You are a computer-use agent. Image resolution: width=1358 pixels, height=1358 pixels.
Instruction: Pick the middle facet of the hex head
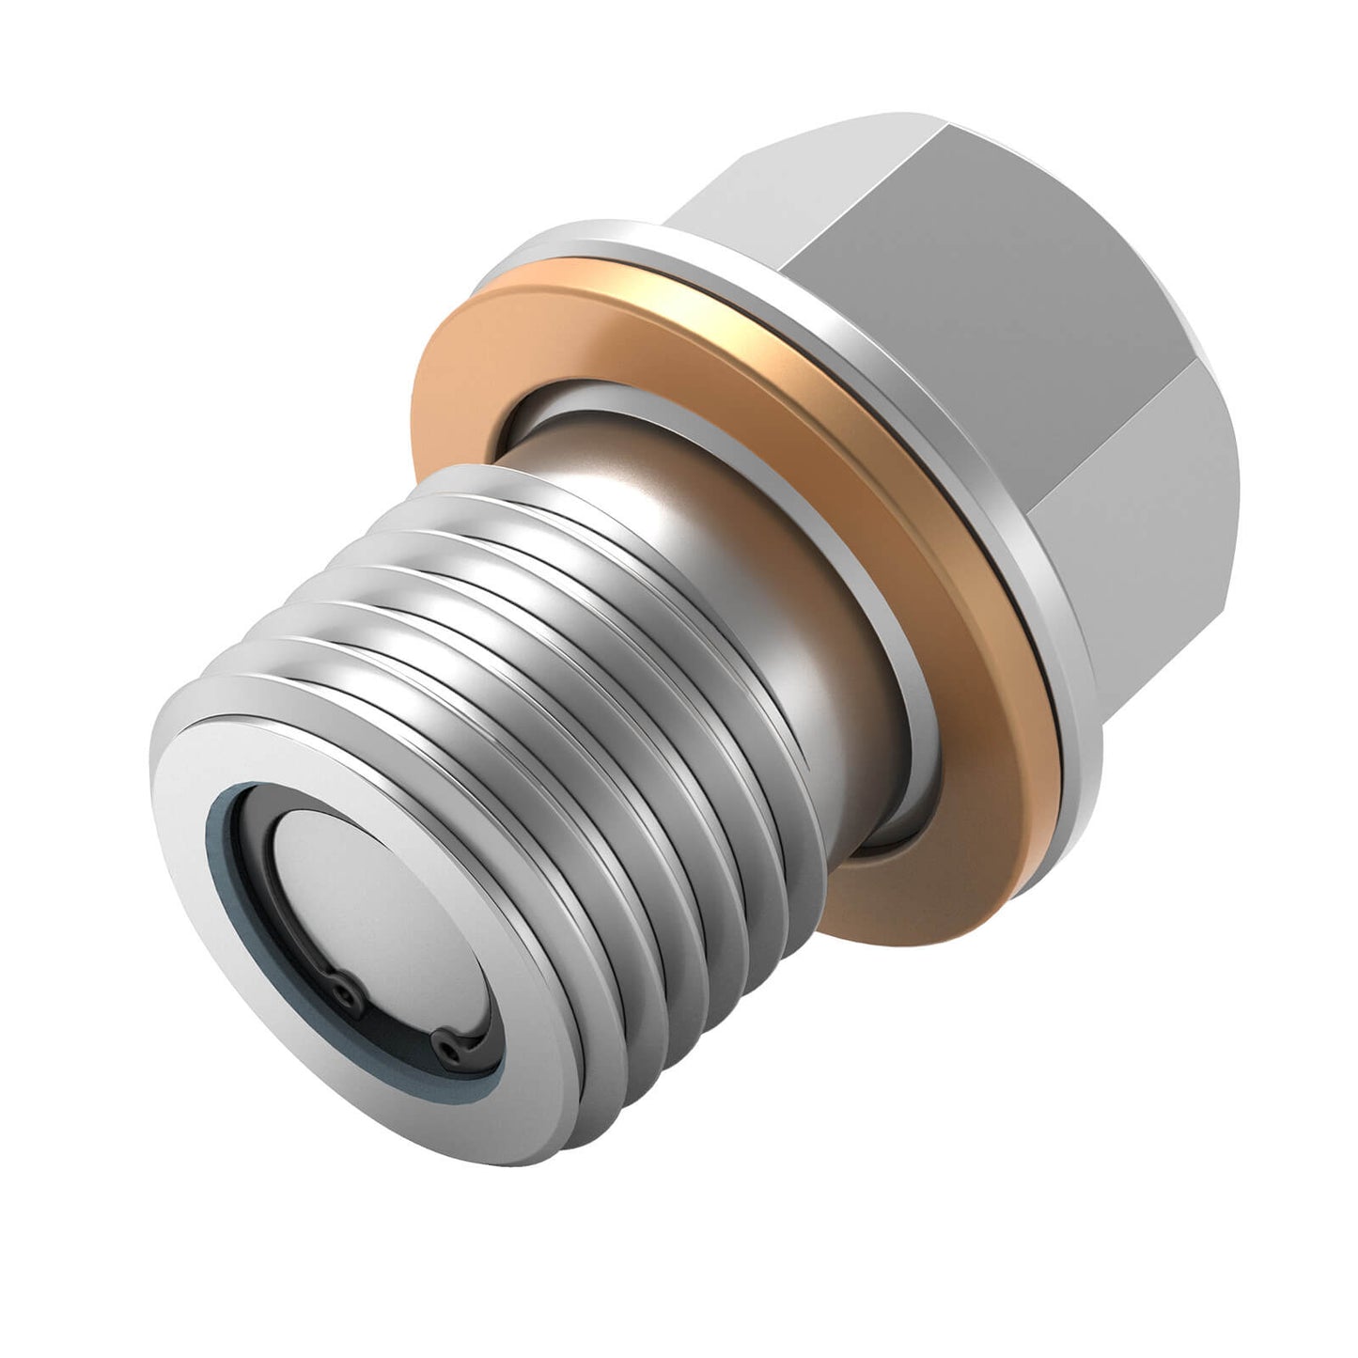(x=1053, y=301)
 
